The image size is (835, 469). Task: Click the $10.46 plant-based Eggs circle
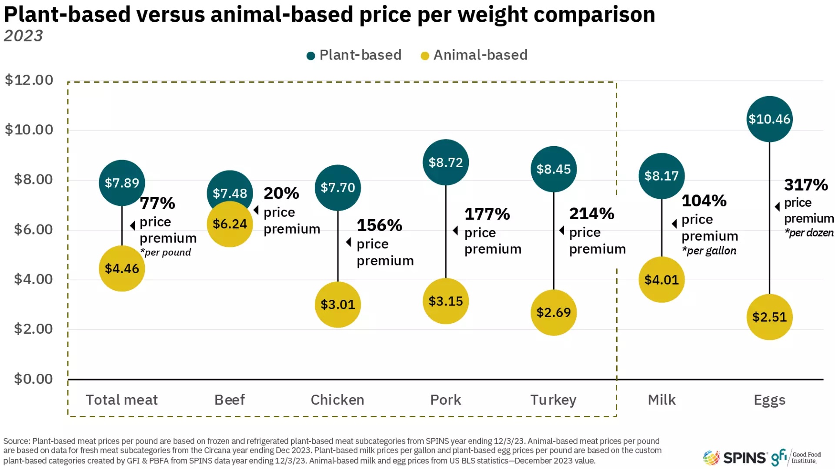(x=769, y=119)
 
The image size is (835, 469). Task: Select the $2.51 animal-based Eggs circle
(x=769, y=317)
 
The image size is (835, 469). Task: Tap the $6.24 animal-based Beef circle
(x=230, y=224)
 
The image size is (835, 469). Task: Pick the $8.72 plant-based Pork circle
(x=445, y=162)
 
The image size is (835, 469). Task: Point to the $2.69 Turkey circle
(x=553, y=312)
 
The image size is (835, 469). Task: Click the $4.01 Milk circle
(x=661, y=280)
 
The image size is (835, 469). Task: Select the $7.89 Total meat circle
(x=122, y=183)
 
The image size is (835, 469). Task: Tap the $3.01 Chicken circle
(x=337, y=305)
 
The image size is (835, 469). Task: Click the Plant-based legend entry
(x=354, y=55)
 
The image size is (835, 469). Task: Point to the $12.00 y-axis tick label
(x=29, y=80)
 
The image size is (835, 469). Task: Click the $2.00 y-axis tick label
(x=33, y=329)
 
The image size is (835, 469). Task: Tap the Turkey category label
(x=553, y=399)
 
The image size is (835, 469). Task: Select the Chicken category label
(x=337, y=399)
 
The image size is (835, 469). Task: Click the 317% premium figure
(x=805, y=185)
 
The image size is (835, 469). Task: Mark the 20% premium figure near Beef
(x=281, y=193)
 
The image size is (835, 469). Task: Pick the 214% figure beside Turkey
(x=591, y=214)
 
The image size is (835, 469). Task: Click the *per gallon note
(x=709, y=251)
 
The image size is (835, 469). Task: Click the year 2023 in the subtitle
(x=23, y=36)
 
